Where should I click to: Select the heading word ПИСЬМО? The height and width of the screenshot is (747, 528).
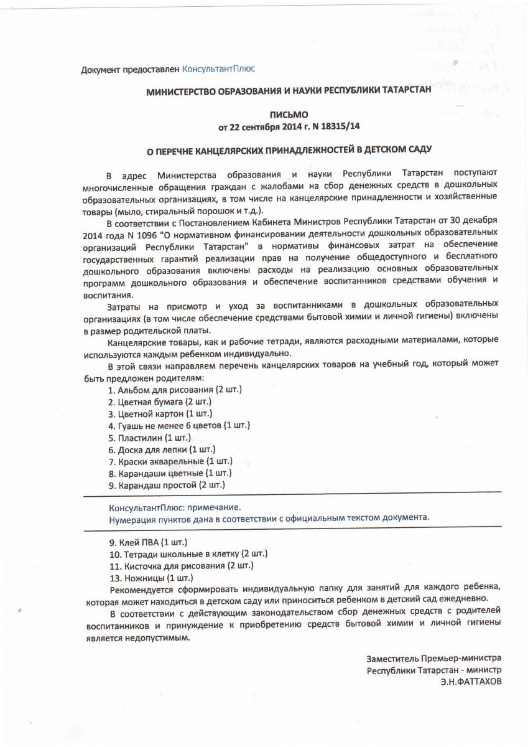tap(289, 115)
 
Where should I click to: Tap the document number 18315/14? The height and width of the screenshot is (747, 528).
tap(338, 126)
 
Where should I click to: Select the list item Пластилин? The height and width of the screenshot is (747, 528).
tap(141, 437)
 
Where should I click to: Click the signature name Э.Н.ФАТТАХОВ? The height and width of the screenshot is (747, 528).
tap(470, 681)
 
